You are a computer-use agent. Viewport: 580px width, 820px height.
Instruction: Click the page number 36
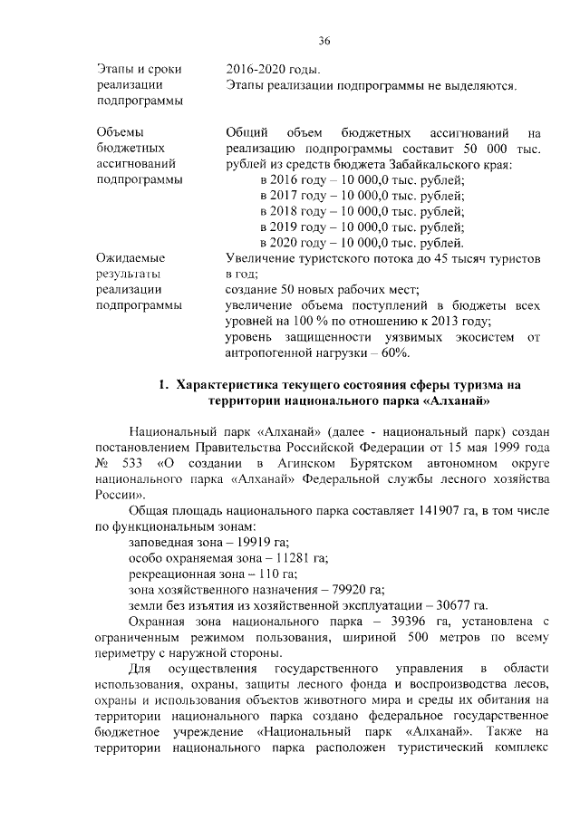(x=324, y=41)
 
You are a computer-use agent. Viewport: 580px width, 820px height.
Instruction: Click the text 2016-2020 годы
(x=273, y=69)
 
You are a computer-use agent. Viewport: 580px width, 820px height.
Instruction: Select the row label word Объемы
(x=119, y=132)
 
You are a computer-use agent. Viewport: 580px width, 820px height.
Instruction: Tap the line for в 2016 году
(x=362, y=179)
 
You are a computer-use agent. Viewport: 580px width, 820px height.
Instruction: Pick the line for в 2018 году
(x=362, y=210)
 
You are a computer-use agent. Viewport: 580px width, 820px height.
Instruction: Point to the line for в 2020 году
(x=362, y=242)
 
